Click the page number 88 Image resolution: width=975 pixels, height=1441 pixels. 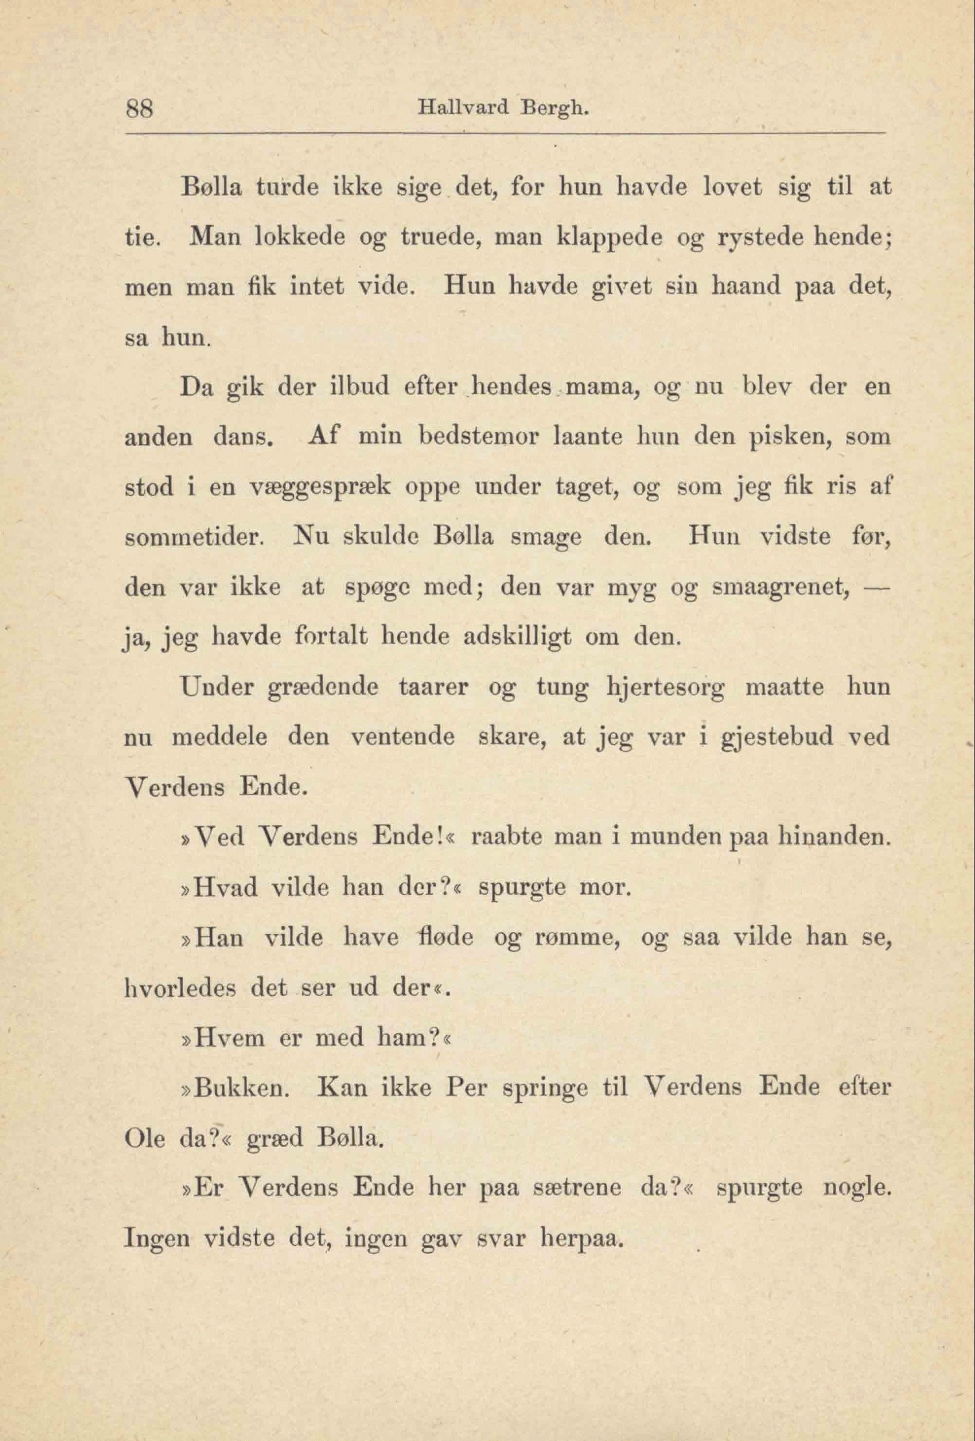(139, 108)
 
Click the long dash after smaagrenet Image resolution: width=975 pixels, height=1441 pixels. (876, 587)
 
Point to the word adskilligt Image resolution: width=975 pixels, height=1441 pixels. (517, 637)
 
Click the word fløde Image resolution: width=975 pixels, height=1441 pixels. (446, 938)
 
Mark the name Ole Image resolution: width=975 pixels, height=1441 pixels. (144, 1138)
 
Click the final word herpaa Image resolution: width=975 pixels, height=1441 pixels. (581, 1239)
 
